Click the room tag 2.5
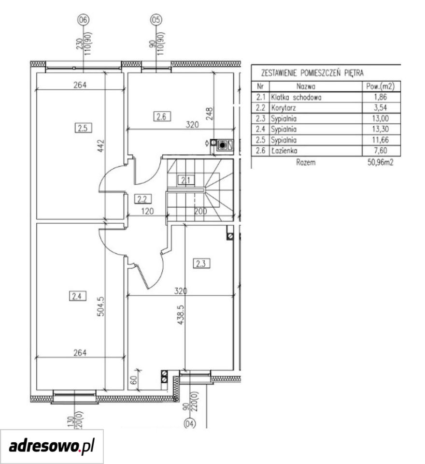point(83,128)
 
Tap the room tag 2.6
point(162,116)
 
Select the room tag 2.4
point(77,296)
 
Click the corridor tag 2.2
point(142,199)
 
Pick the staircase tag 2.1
point(186,180)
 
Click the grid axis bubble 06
point(84,20)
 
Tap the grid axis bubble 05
point(156,20)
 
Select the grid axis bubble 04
point(190,424)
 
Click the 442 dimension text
point(101,146)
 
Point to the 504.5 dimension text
point(101,306)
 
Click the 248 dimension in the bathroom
point(209,114)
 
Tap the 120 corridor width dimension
point(147,211)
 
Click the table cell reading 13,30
point(381,129)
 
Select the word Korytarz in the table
point(283,108)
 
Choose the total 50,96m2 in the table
point(381,162)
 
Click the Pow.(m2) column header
point(381,87)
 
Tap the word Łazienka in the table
point(284,151)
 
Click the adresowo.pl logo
point(52,446)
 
